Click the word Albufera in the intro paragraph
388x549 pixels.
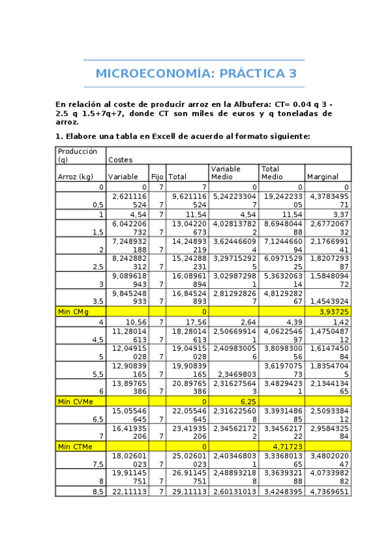pyautogui.click(x=240, y=104)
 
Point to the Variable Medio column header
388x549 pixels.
pyautogui.click(x=225, y=172)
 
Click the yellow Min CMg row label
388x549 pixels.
pyautogui.click(x=73, y=312)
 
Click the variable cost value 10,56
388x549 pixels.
pyautogui.click(x=136, y=322)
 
